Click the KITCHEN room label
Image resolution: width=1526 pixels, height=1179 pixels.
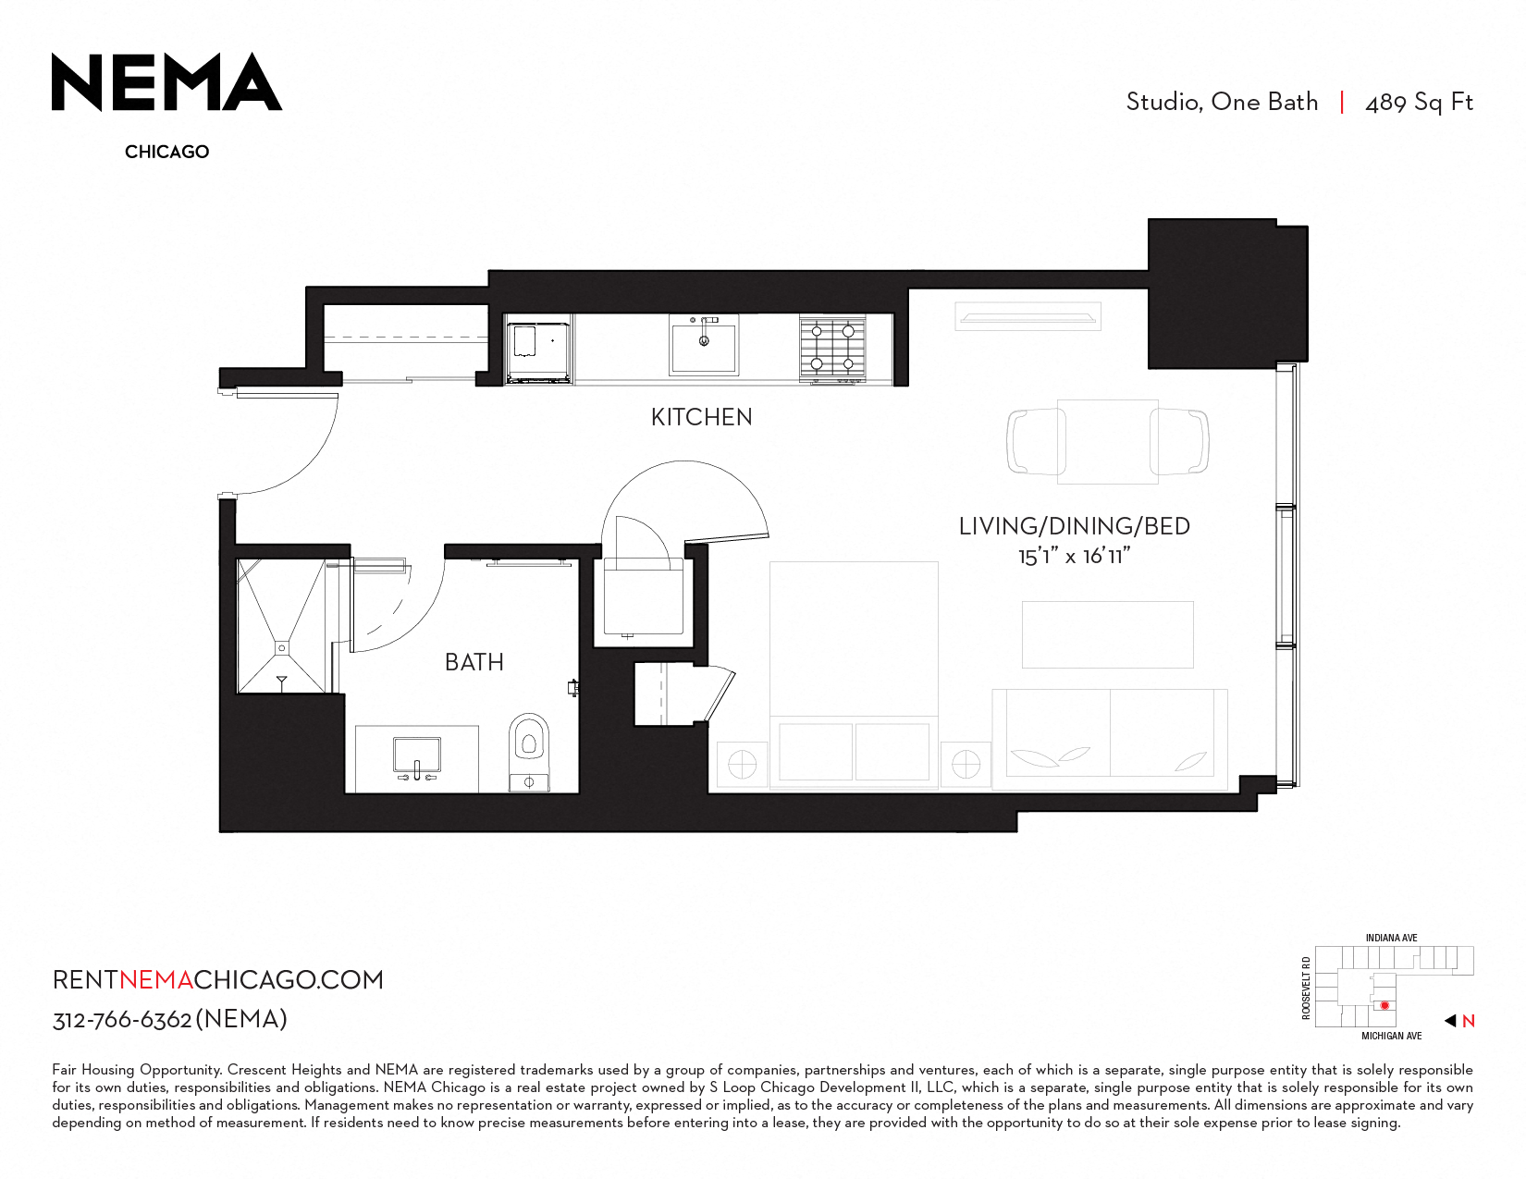click(701, 417)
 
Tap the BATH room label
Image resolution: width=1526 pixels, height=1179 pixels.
click(474, 662)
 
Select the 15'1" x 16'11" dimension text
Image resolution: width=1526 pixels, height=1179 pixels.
click(1074, 556)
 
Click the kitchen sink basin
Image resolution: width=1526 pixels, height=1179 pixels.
click(703, 345)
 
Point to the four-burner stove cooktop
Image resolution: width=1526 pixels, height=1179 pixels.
click(832, 349)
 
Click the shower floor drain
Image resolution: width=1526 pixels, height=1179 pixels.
click(281, 647)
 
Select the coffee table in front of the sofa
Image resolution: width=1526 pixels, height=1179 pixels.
click(1107, 634)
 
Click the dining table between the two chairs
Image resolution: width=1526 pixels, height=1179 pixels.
click(1107, 442)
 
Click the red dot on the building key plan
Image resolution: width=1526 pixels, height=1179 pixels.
click(1384, 1005)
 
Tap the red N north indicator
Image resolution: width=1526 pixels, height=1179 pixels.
click(1468, 1021)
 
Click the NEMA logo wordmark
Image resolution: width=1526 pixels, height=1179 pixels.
click(166, 82)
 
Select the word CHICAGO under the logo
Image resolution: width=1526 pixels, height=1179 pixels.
click(167, 152)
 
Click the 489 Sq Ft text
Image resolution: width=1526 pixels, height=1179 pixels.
click(1419, 103)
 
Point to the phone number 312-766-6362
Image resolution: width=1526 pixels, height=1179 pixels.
click(122, 1020)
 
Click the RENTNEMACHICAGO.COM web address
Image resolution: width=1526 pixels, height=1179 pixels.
click(218, 979)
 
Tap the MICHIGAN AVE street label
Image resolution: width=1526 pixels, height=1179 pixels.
click(1391, 1036)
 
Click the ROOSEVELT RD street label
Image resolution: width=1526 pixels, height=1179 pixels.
click(1306, 988)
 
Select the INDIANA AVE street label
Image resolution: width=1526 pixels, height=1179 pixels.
click(1391, 938)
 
